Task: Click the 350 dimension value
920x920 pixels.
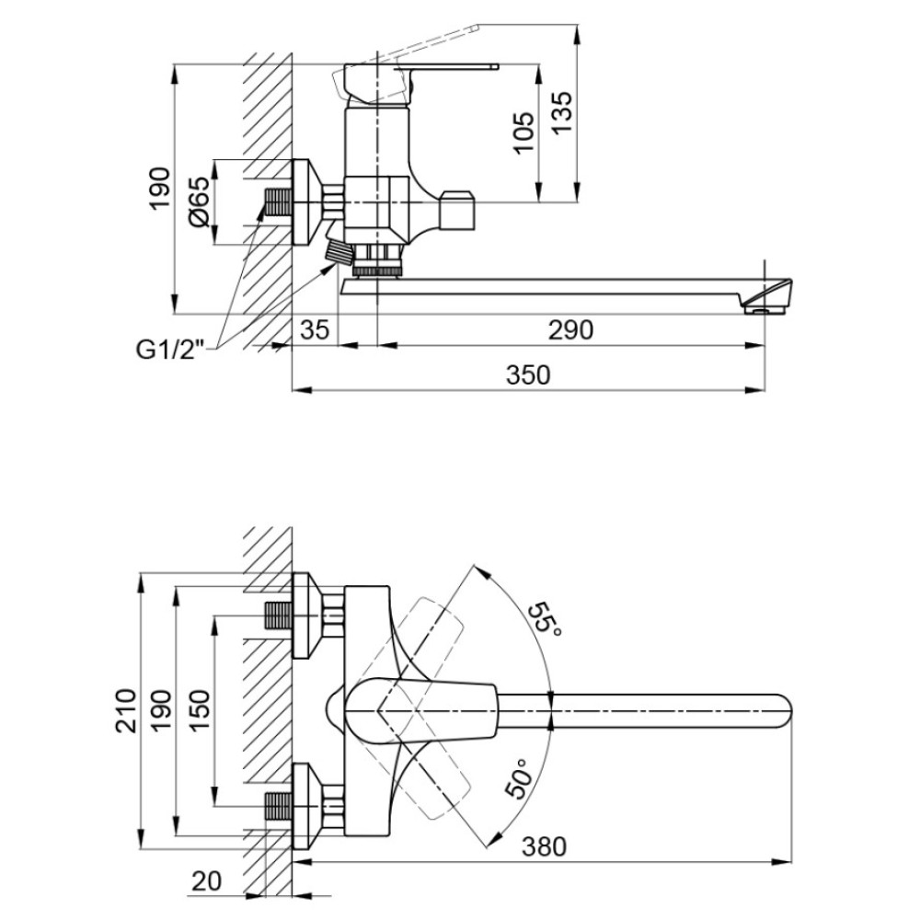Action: point(528,375)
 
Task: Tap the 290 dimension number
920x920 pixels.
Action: point(570,330)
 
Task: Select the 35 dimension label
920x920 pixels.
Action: point(315,330)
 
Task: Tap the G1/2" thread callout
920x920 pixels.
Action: point(170,351)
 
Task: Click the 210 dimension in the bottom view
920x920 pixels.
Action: point(125,710)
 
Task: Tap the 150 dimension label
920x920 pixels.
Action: point(200,710)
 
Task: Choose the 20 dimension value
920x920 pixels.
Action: point(207,881)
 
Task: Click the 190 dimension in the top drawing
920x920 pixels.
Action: point(159,189)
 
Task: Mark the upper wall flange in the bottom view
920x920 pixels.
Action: point(306,615)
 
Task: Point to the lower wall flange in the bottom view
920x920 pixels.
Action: point(306,806)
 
